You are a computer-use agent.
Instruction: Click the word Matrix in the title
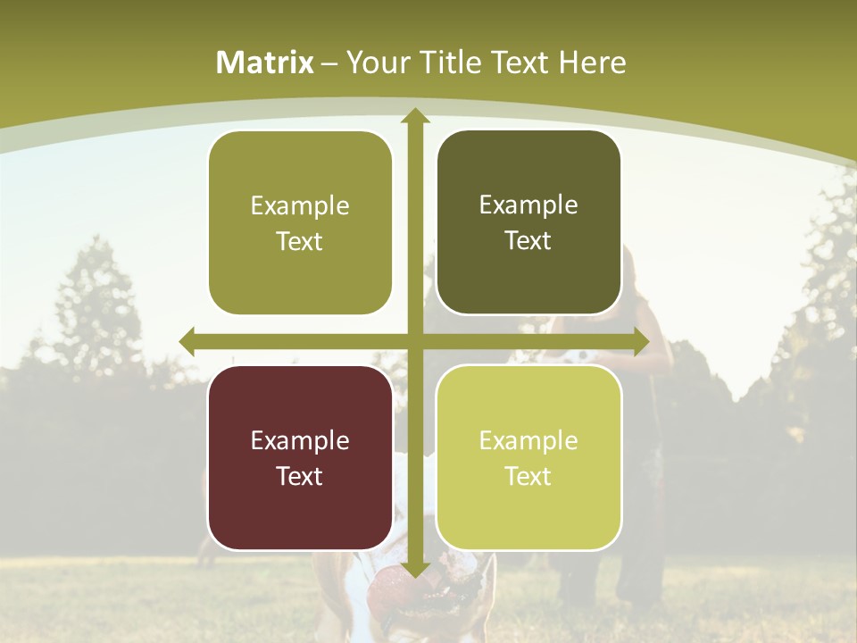[265, 63]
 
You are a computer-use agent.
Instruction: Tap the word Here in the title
[592, 63]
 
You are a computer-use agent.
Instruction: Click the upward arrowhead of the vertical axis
[414, 117]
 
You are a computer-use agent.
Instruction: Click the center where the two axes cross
[414, 341]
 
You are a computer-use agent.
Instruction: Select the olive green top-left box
[300, 223]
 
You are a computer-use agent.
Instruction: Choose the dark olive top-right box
[528, 222]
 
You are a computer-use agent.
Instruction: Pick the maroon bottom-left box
[300, 457]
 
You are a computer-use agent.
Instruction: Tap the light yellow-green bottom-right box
[528, 457]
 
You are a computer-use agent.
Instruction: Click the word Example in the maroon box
[300, 440]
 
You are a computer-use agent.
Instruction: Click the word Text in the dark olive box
[528, 241]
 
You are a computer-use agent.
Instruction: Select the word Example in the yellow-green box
[528, 440]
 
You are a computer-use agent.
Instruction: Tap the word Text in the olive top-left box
[300, 242]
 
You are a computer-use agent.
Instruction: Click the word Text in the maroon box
[300, 476]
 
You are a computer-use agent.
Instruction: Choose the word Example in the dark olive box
[528, 205]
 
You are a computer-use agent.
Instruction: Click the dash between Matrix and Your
[329, 63]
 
